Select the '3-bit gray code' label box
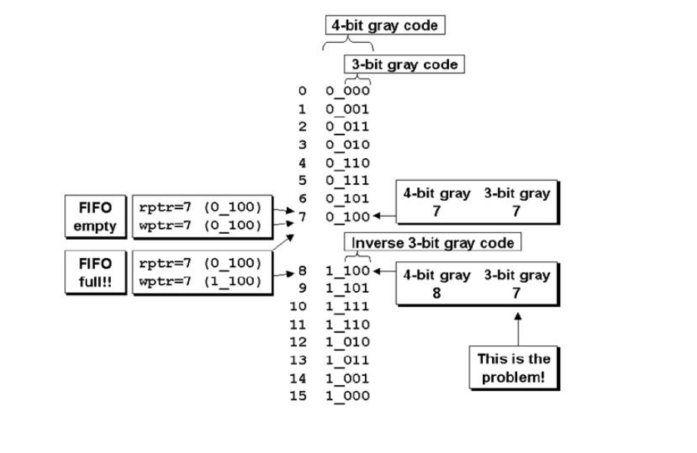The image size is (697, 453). tap(405, 64)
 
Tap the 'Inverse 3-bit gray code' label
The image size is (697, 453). tap(433, 243)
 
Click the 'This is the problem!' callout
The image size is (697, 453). tap(513, 368)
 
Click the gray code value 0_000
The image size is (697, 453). tap(347, 91)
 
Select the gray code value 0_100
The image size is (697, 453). tap(347, 216)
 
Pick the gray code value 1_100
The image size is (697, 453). tap(347, 270)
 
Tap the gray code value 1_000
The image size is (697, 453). tap(347, 396)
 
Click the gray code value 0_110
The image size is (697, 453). tap(347, 163)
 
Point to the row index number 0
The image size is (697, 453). tap(302, 91)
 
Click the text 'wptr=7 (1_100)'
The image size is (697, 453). tap(200, 281)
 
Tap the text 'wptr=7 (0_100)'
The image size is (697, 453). tap(200, 225)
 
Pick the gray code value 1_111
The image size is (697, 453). tap(347, 306)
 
